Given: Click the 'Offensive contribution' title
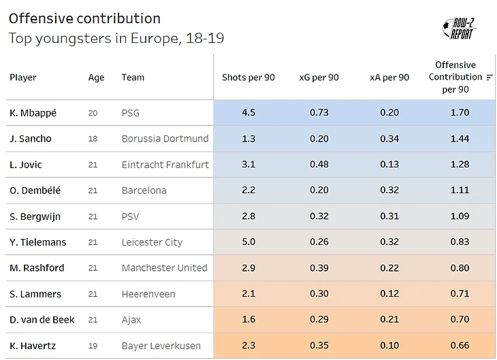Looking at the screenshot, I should tap(84, 18).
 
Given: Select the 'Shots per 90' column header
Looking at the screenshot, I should tap(248, 78).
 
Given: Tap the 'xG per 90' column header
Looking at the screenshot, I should tap(319, 78).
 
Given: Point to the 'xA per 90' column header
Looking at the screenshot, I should tap(389, 78).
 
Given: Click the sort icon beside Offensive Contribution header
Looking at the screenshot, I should tap(490, 78).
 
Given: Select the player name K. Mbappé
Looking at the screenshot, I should tap(33, 113).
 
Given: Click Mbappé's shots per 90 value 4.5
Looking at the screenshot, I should tap(248, 113).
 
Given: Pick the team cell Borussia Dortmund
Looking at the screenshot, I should tap(165, 139).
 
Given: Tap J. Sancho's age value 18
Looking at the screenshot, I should tap(93, 139).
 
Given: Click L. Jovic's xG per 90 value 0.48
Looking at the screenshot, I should tap(319, 165).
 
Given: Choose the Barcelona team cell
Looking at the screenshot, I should tap(144, 191).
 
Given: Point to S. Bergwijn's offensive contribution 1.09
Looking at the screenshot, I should tap(460, 216).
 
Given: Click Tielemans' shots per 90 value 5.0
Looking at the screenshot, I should tap(248, 242).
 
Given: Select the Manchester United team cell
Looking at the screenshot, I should tap(164, 268).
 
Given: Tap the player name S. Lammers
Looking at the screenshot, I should tap(35, 294).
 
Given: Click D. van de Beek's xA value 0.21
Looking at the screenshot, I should tap(389, 320).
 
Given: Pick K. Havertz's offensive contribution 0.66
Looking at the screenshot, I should tap(460, 346).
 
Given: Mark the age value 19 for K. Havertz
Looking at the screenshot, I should tap(93, 346).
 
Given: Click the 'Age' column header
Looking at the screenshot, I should tap(96, 78).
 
